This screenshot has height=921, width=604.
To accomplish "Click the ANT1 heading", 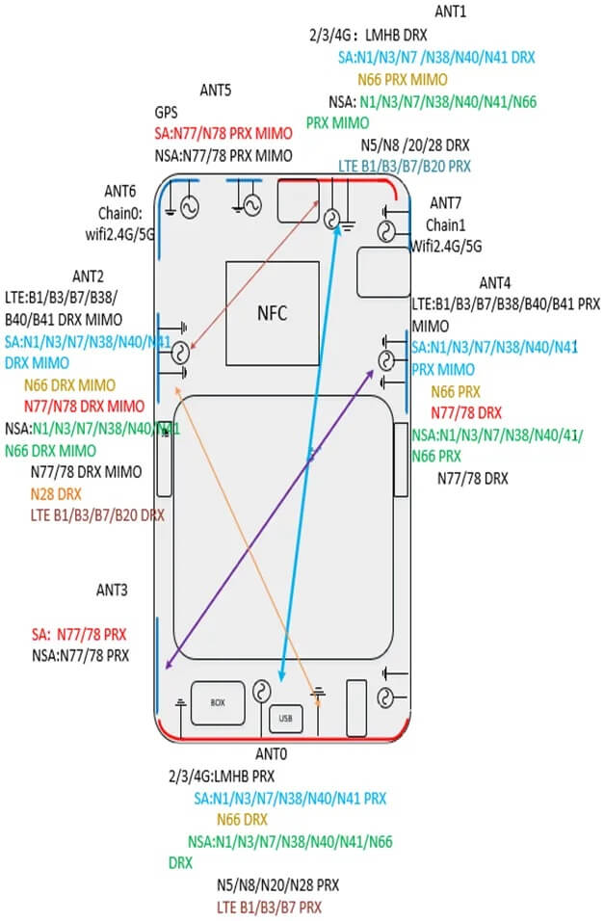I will point(450,12).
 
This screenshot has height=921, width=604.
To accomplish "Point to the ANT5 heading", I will point(215,92).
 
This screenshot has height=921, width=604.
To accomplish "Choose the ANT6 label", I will point(119,193).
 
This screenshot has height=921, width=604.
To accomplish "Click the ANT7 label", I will point(445,202).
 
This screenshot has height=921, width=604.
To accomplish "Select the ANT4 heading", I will point(495,282).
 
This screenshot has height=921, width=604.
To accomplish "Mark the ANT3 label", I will point(112,589).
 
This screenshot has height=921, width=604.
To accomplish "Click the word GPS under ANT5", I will point(168,113).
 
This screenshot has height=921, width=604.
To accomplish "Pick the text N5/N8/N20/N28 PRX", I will point(276,884).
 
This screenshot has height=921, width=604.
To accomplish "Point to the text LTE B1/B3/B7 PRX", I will point(269,907).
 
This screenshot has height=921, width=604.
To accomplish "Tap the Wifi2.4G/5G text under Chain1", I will point(445,246).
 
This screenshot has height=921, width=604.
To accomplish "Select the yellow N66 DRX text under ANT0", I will point(241,820).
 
